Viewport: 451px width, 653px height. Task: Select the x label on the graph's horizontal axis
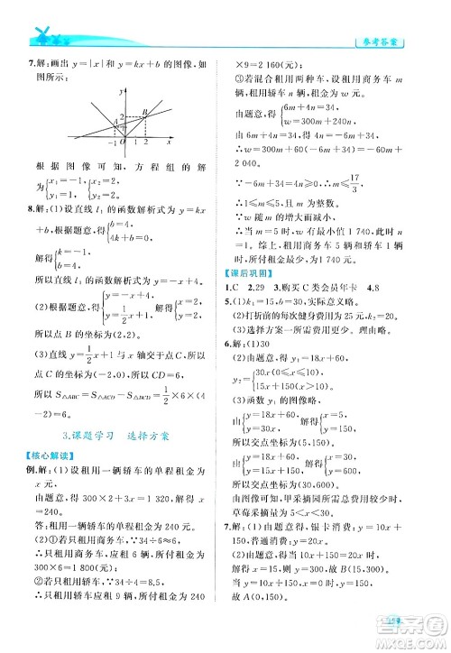pyautogui.click(x=170, y=142)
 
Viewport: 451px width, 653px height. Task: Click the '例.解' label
pyautogui.click(x=40, y=471)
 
